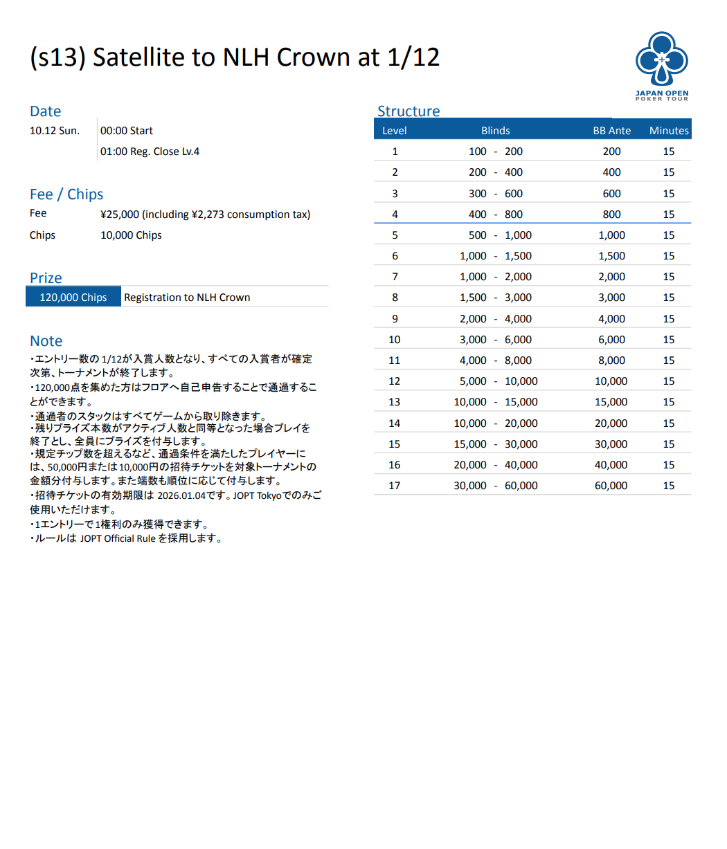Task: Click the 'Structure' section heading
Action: click(x=409, y=111)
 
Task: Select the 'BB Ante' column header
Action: click(x=611, y=130)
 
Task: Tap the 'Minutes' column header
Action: click(x=669, y=130)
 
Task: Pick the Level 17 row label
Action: click(x=395, y=486)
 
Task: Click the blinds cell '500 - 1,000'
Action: click(x=495, y=235)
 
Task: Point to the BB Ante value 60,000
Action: click(x=611, y=486)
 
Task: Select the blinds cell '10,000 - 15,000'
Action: click(x=495, y=402)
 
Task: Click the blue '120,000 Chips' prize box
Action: click(x=73, y=298)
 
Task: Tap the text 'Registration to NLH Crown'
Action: click(x=187, y=298)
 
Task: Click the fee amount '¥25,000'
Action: click(x=120, y=214)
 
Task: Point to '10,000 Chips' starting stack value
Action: click(x=131, y=235)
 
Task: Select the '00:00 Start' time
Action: click(x=127, y=131)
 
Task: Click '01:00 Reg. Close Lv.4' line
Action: click(x=150, y=152)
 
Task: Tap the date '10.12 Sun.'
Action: click(x=55, y=131)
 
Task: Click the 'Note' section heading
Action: click(x=46, y=341)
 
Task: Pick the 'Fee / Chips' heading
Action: click(x=66, y=194)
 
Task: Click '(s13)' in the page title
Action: click(x=57, y=57)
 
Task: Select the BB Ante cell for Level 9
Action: click(x=611, y=319)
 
